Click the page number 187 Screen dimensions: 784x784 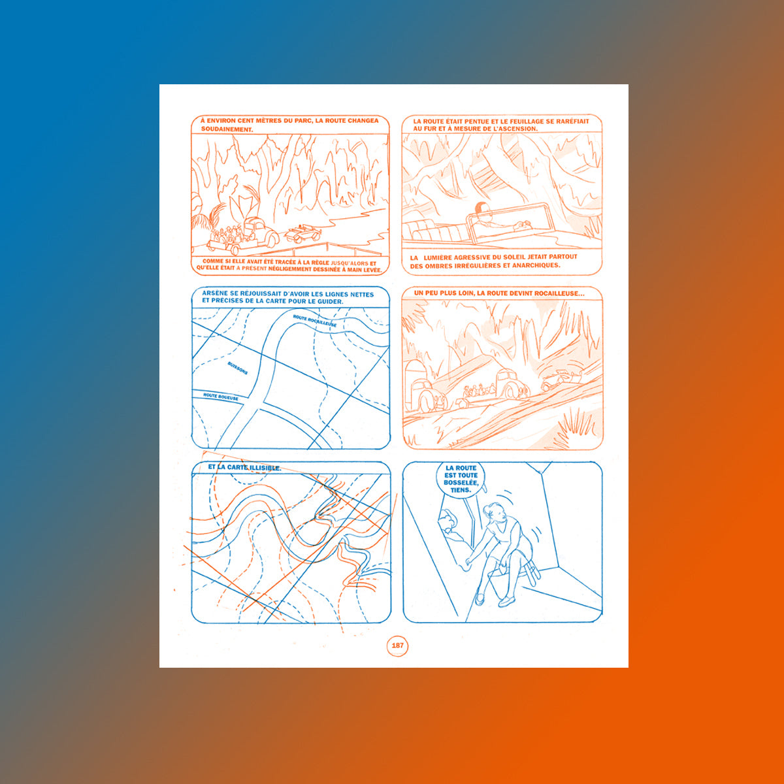pyautogui.click(x=397, y=645)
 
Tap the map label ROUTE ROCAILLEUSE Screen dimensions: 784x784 pyautogui.click(x=314, y=321)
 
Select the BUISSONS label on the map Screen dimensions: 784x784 pyautogui.click(x=238, y=368)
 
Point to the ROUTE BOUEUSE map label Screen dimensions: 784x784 pyautogui.click(x=221, y=397)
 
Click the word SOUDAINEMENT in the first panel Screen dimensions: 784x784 pyautogui.click(x=227, y=129)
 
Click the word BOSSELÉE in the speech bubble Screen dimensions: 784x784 pyautogui.click(x=461, y=483)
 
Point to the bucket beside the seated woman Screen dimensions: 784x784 pyautogui.click(x=500, y=585)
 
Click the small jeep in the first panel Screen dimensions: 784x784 pyautogui.click(x=302, y=233)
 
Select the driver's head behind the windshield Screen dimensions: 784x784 pyautogui.click(x=482, y=210)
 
